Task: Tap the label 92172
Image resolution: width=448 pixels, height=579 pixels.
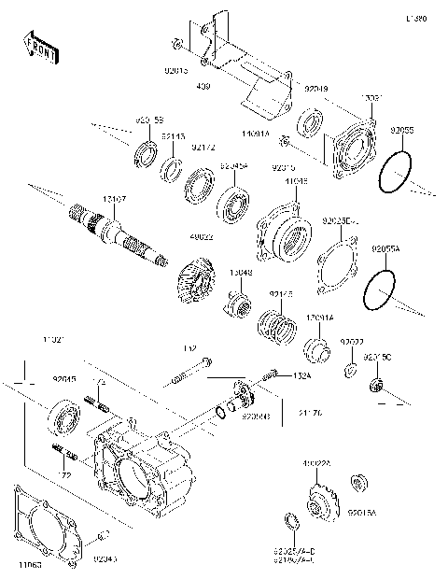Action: pyautogui.click(x=203, y=148)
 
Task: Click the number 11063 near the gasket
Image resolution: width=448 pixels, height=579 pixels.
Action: pyautogui.click(x=26, y=565)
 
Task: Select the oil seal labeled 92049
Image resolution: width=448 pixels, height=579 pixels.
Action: pyautogui.click(x=310, y=121)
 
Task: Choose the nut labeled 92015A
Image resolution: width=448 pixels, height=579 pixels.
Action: pyautogui.click(x=356, y=483)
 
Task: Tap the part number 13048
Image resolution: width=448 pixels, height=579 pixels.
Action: pyautogui.click(x=241, y=273)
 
